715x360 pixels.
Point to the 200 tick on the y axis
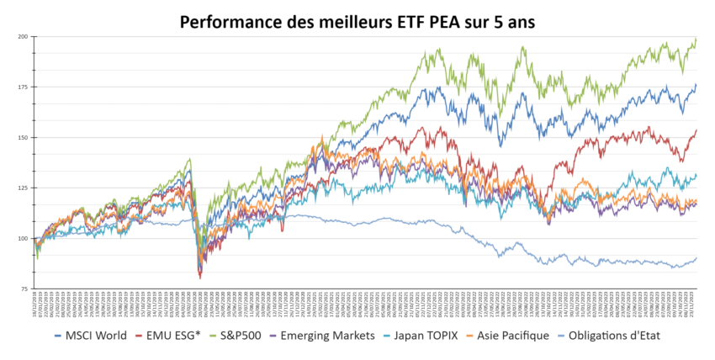(23, 37)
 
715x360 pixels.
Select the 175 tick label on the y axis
(23, 87)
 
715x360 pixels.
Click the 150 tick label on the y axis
(23, 138)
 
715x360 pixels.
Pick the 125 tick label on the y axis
(23, 188)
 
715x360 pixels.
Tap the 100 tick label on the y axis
(23, 239)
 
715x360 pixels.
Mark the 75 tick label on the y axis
(24, 289)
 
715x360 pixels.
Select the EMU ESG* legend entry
(172, 336)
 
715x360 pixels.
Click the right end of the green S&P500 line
(696, 39)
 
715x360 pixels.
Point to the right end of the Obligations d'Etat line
(696, 258)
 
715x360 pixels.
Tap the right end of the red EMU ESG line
(696, 130)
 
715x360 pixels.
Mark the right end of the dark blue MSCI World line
(696, 84)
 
